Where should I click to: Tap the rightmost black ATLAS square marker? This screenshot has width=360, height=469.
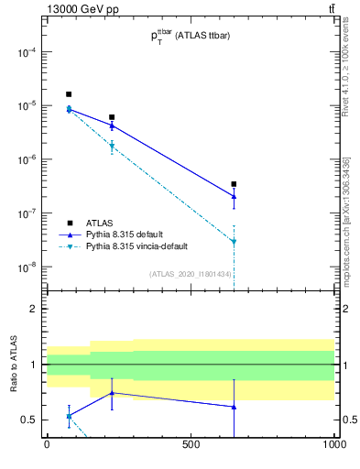tap(235, 184)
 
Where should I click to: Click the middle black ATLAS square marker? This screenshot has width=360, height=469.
tap(112, 117)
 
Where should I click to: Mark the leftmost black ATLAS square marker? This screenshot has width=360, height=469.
tap(69, 94)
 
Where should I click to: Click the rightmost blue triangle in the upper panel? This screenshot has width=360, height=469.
tap(235, 196)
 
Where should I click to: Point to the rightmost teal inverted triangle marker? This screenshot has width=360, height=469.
tap(235, 242)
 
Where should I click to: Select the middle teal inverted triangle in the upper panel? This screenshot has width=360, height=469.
tap(112, 147)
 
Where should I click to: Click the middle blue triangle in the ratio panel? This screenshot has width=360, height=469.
tap(112, 393)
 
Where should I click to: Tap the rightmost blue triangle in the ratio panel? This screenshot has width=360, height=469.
tap(235, 407)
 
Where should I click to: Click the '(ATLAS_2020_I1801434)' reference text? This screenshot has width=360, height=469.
tap(191, 273)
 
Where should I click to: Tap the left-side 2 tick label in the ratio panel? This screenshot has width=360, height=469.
tap(32, 309)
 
